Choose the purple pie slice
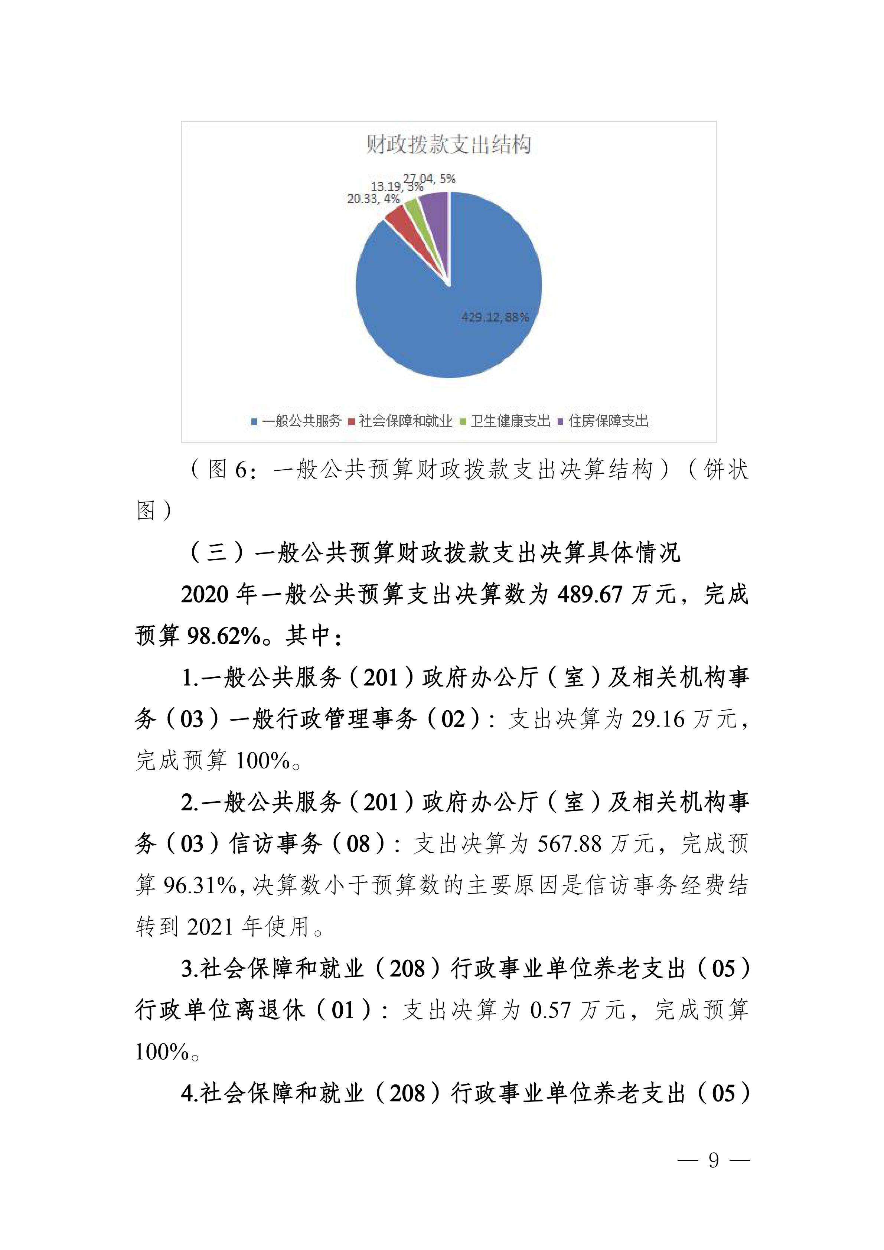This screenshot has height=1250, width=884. point(436,204)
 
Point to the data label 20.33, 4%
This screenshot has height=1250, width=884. point(374,199)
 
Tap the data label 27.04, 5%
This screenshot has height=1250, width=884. point(430,178)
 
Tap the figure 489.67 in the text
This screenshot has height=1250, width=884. point(590,594)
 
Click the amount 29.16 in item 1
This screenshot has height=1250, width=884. point(658,720)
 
